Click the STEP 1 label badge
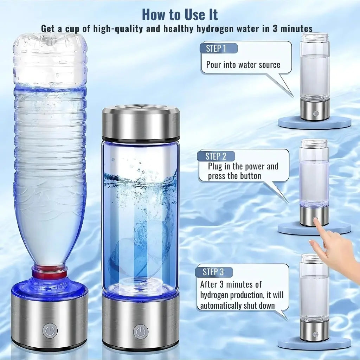pyautogui.click(x=218, y=49)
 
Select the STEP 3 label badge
pyautogui.click(x=213, y=272)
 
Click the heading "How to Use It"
pyautogui.click(x=180, y=15)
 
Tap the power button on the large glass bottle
pyautogui.click(x=141, y=332)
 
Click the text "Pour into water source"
pyautogui.click(x=243, y=65)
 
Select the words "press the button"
pyautogui.click(x=234, y=175)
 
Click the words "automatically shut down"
pyautogui.click(x=238, y=306)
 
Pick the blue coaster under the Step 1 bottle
pyautogui.click(x=315, y=123)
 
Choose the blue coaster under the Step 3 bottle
pyautogui.click(x=315, y=342)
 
